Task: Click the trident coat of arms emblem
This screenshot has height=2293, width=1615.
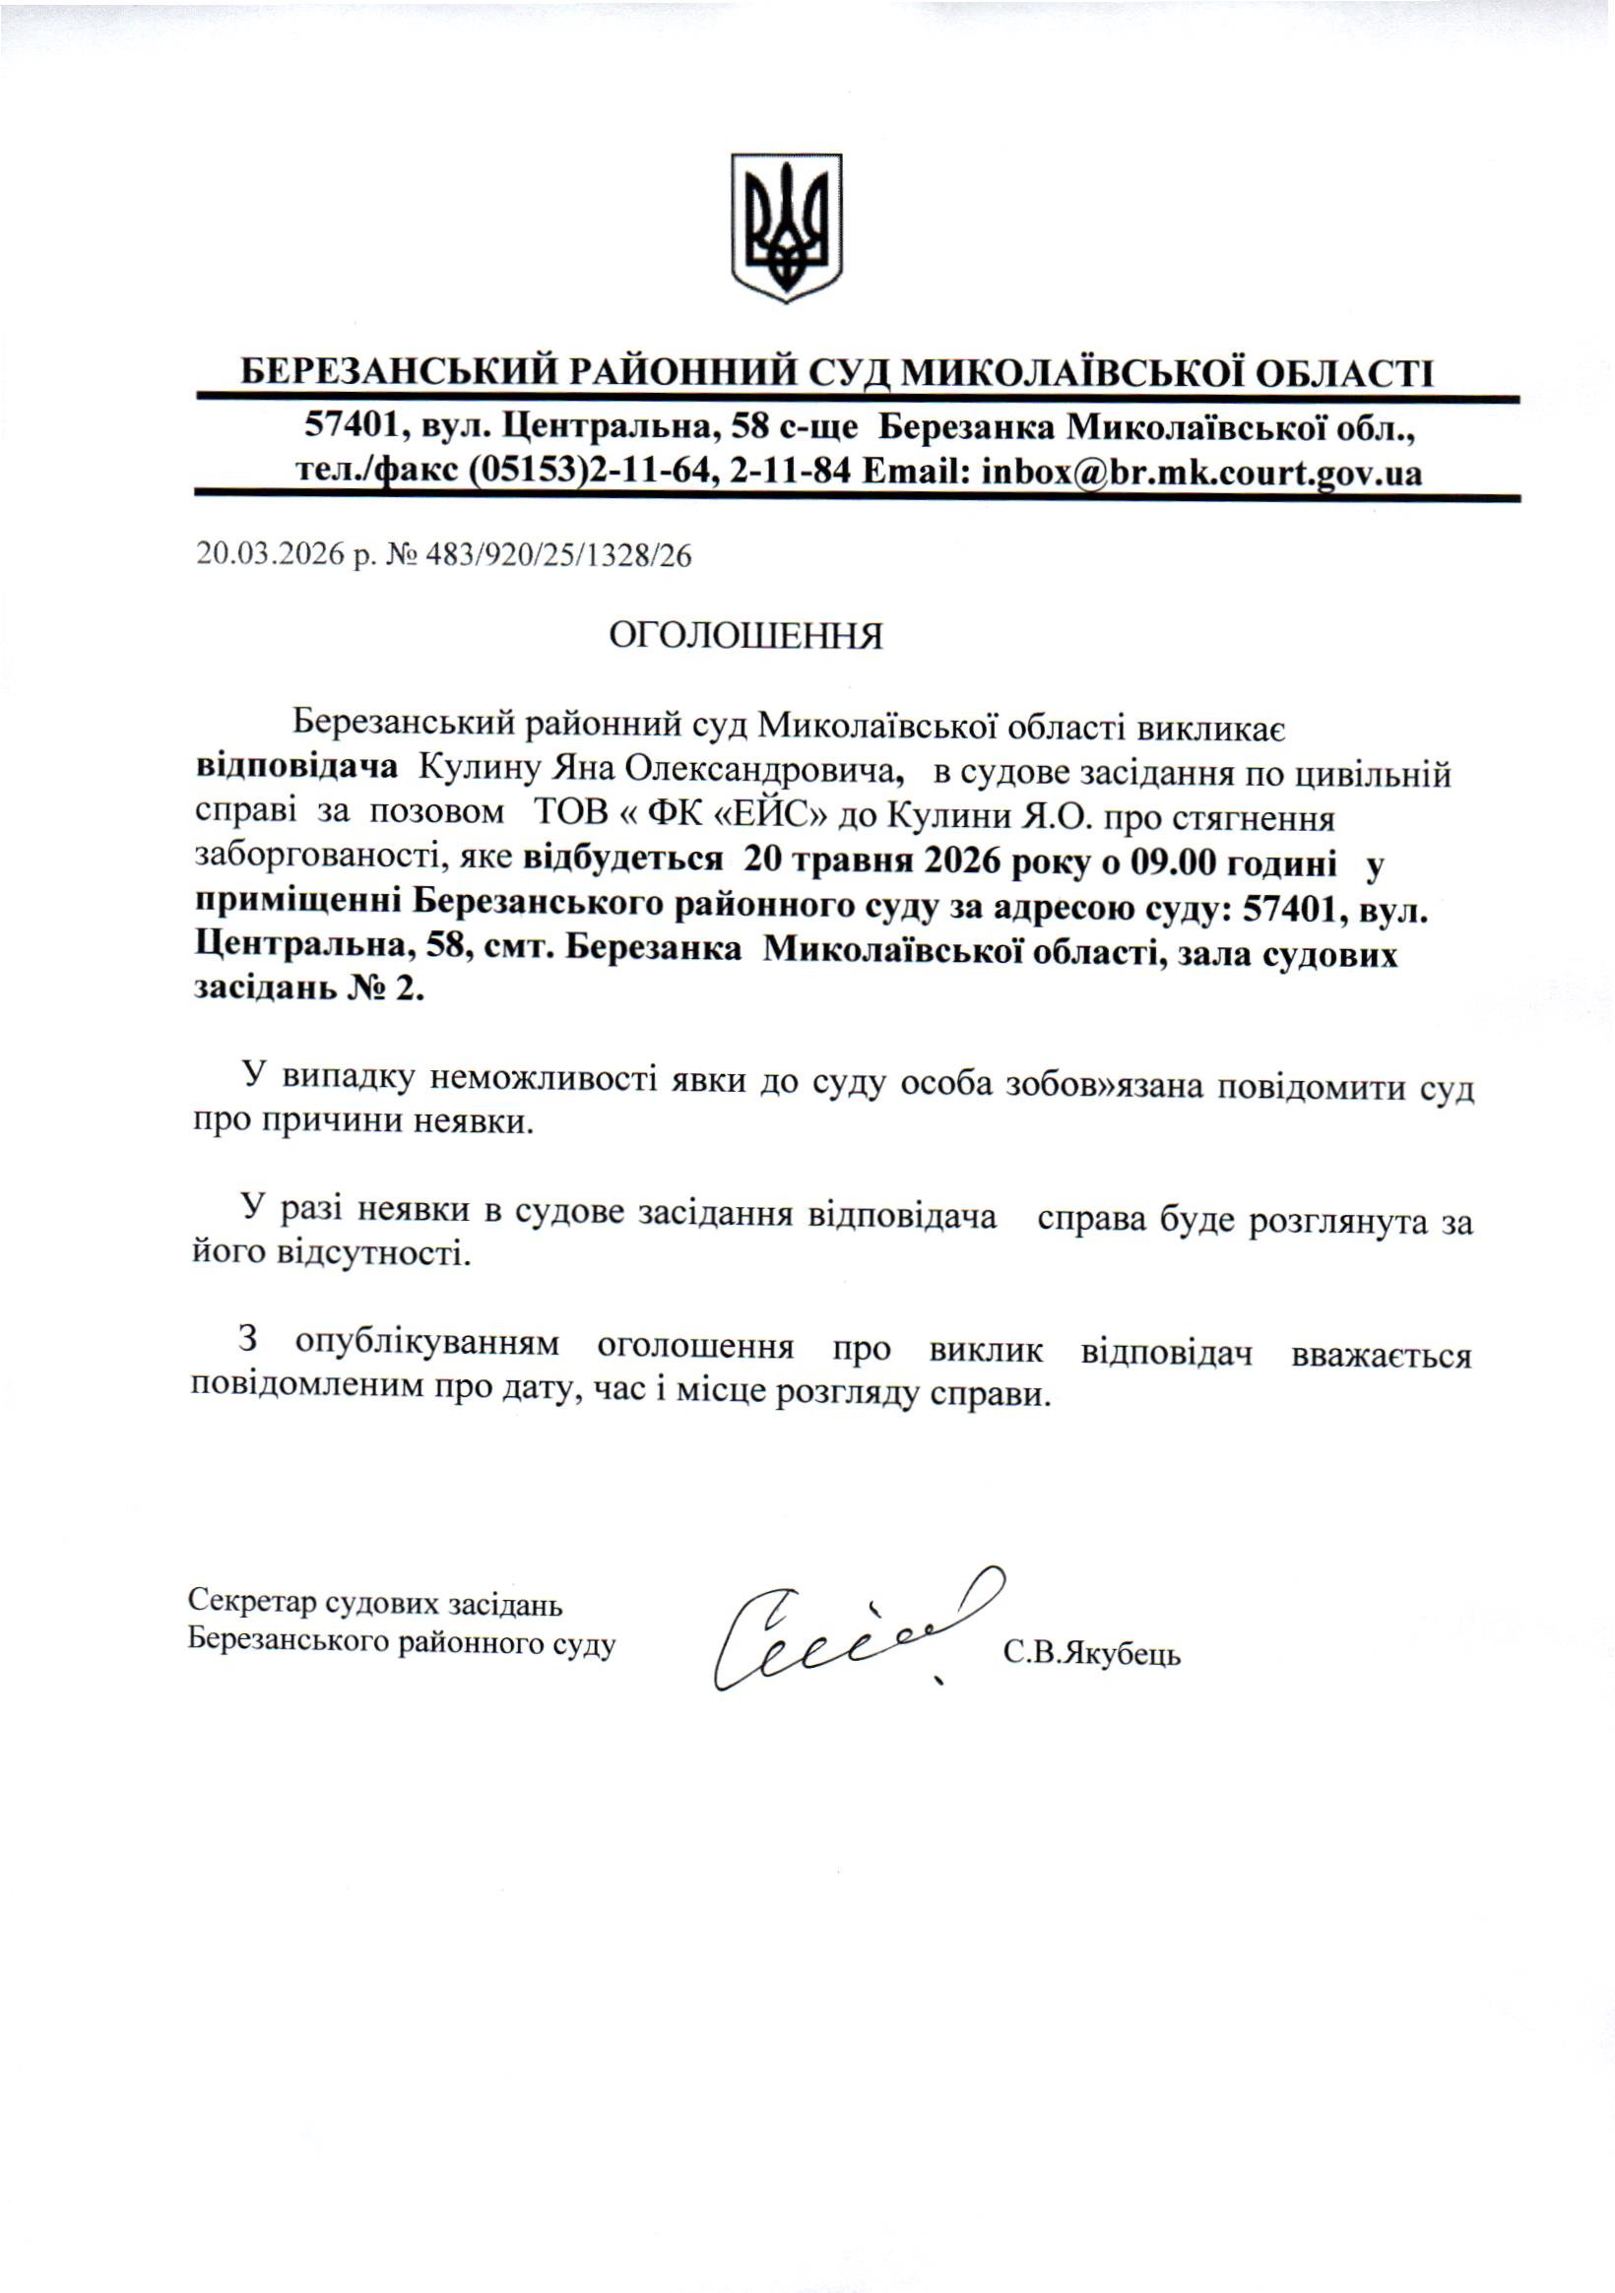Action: coord(785,226)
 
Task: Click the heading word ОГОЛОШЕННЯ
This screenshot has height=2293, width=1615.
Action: coord(746,636)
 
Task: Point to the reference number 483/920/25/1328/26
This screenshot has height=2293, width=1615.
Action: coord(558,554)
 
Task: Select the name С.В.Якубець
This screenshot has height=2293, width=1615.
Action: coord(1092,1654)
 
